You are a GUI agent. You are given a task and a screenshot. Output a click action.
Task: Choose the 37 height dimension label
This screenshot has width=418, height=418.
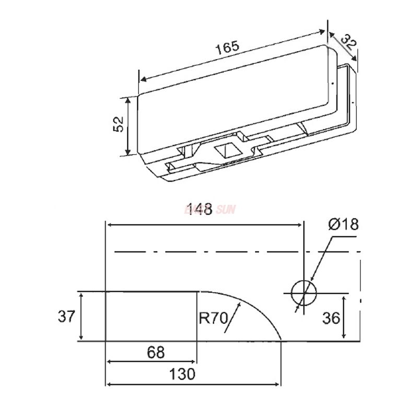tap(65, 317)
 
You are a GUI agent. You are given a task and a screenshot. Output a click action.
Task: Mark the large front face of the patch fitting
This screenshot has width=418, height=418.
tap(230, 102)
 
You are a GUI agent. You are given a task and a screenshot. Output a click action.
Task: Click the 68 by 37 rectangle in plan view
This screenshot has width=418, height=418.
tap(152, 316)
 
